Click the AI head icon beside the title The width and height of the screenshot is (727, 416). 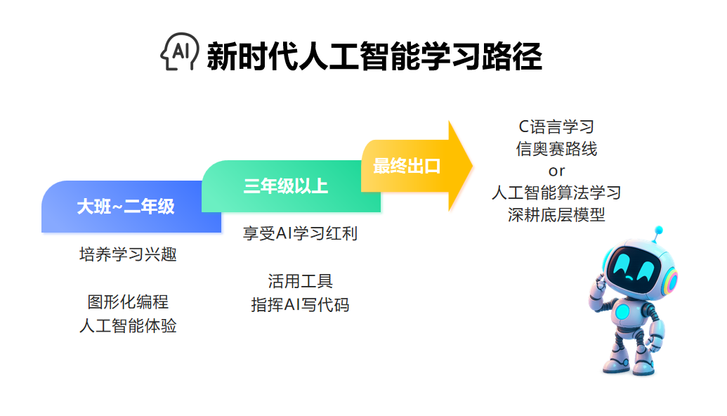tap(179, 51)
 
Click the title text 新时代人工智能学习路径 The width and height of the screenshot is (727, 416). tap(374, 56)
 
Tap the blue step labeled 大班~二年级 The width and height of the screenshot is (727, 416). tap(131, 207)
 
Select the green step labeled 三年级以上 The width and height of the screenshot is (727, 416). tap(291, 186)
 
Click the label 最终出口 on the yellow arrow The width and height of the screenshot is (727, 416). tap(407, 166)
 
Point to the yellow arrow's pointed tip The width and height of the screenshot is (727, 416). tap(473, 166)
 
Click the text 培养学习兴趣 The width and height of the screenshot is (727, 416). tap(128, 254)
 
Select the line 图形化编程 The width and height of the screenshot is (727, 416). tap(128, 302)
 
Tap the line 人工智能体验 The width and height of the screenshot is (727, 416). tap(128, 325)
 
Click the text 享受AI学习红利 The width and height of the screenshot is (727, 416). tap(300, 233)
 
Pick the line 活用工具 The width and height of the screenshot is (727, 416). tap(300, 281)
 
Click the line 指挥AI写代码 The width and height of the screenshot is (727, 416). tap(300, 305)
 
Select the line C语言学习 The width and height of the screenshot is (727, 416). tap(556, 126)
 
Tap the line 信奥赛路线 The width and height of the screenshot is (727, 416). tap(556, 149)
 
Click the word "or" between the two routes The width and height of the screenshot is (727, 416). tap(556, 171)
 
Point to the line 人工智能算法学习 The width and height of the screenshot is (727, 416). tap(556, 193)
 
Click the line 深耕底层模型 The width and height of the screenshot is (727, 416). tap(556, 215)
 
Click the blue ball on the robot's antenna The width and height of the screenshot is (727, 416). tap(658, 230)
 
